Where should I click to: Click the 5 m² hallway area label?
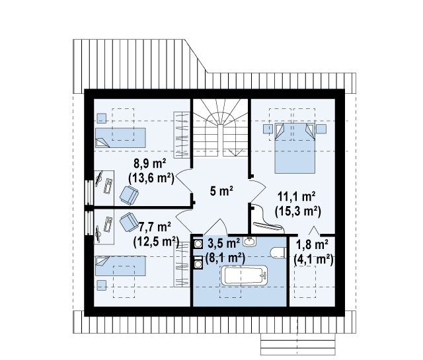221,191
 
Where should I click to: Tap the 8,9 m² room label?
150,163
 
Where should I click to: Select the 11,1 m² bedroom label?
297,197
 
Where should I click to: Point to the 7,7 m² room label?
155,227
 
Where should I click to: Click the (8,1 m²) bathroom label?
225,258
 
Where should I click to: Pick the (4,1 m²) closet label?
313,260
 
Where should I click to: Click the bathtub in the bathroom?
245,275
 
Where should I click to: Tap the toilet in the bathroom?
278,253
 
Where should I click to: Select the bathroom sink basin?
249,241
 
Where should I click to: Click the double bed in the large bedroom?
295,148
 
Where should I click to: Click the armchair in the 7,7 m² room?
129,222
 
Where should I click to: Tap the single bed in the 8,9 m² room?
120,138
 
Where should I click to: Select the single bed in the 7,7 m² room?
120,266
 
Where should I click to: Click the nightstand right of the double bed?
321,129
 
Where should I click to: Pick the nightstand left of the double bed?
268,129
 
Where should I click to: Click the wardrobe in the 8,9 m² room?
182,135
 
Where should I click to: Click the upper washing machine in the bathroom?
198,244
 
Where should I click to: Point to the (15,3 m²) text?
298,211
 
